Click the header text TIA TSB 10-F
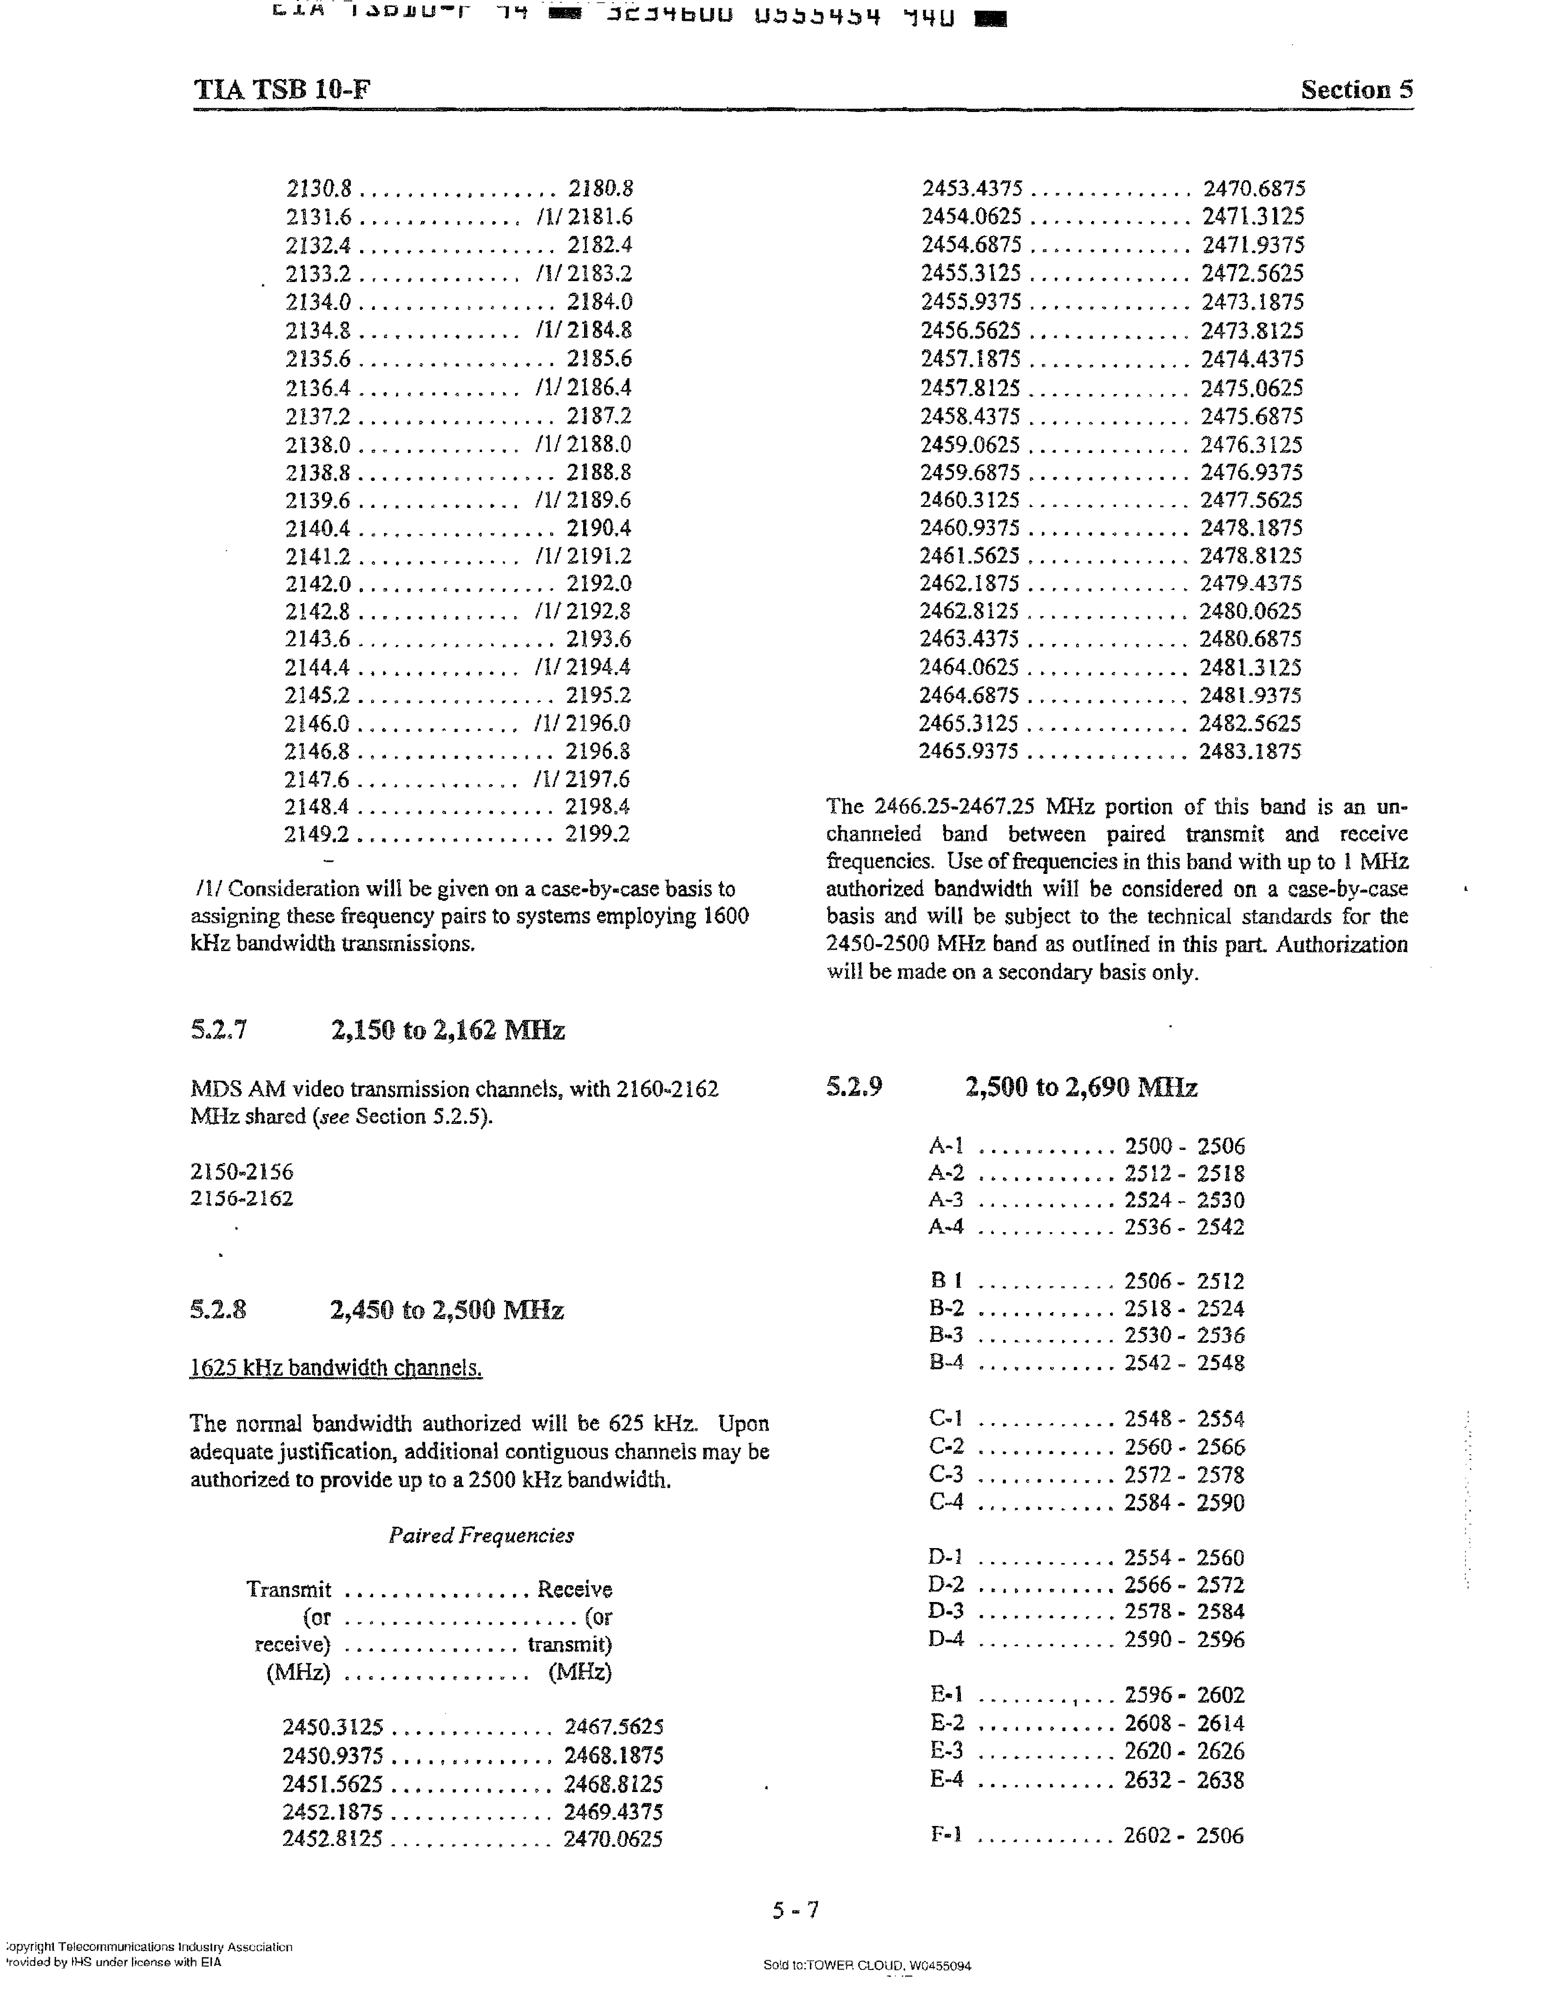coord(282,90)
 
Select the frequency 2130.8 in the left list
coord(319,189)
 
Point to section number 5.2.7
coord(219,1031)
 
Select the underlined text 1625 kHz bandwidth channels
coord(336,1368)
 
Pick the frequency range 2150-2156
coord(242,1171)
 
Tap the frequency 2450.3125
coord(332,1727)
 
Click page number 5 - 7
coord(796,1910)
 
